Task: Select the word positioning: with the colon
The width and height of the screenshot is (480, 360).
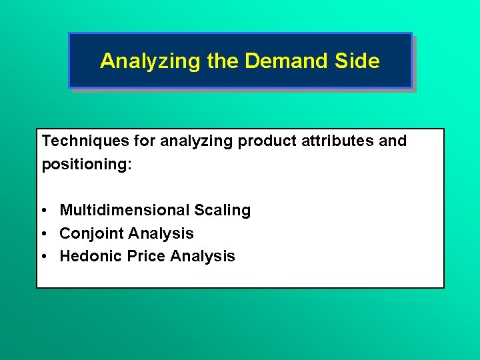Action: coord(87,164)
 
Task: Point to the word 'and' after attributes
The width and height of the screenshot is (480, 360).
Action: coord(393,141)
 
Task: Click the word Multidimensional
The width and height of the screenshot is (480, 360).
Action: coord(125,211)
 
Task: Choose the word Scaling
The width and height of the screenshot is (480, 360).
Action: coord(223,211)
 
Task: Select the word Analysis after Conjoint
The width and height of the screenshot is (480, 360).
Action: coord(161,233)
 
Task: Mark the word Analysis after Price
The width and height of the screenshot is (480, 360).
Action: coord(203,256)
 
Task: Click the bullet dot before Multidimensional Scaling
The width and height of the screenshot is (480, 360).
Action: coord(43,211)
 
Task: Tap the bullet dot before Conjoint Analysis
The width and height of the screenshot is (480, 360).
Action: coord(43,234)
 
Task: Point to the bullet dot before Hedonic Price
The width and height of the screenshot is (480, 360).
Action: coord(43,257)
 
